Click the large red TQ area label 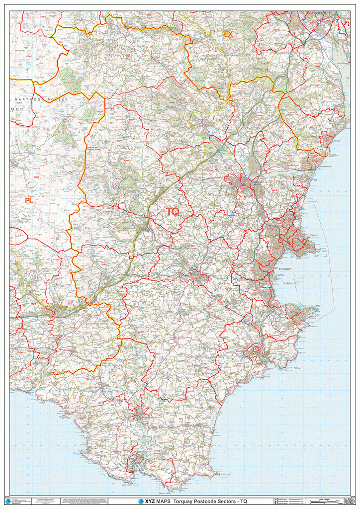(x=173, y=212)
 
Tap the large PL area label (x=29, y=200)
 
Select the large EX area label (x=228, y=34)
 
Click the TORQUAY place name (x=314, y=235)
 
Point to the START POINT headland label (x=225, y=475)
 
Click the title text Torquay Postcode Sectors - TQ (x=209, y=501)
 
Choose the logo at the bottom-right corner (x=351, y=501)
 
